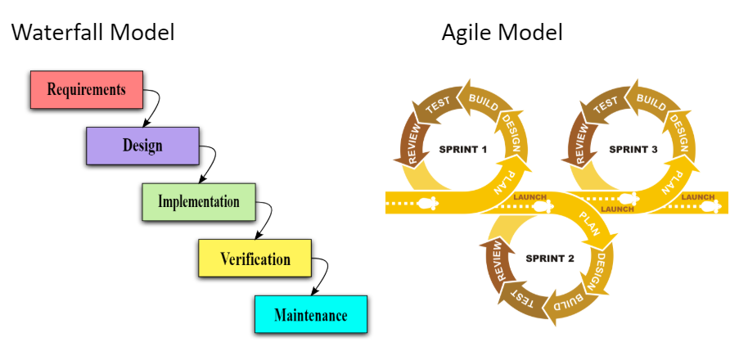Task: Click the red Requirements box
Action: (x=86, y=89)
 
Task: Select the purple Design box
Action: (x=142, y=146)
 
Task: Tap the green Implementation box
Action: (x=199, y=202)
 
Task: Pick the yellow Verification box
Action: (x=255, y=259)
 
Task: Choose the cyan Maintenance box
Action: (x=310, y=315)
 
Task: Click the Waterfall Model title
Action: (x=92, y=34)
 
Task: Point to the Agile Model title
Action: (x=502, y=34)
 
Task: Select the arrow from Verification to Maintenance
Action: (x=322, y=277)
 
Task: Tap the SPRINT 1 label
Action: (x=463, y=150)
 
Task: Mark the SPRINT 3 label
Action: (x=633, y=150)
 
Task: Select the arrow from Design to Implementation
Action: (x=209, y=164)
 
